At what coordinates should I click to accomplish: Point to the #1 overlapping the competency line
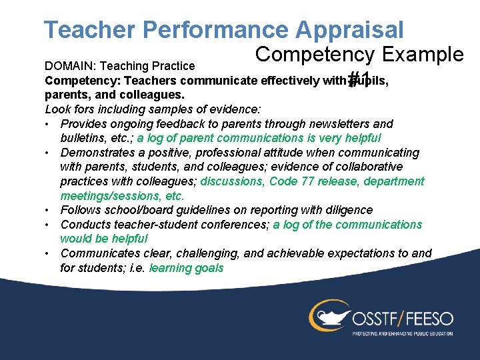360,78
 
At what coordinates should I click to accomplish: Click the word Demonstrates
97,153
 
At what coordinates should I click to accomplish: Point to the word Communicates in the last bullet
97,253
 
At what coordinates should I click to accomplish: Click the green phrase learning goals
187,268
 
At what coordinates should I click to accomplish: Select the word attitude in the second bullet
273,153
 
